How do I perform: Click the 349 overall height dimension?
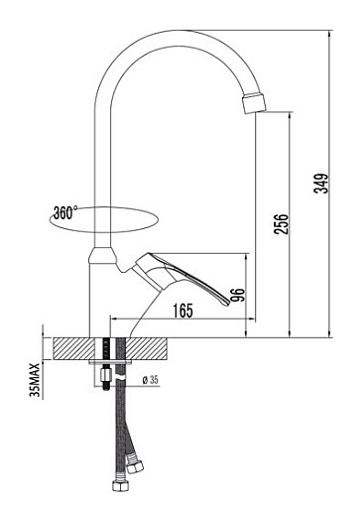(x=321, y=184)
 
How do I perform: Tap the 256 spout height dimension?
(x=282, y=224)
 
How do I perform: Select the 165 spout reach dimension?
(x=182, y=311)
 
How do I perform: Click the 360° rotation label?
(x=65, y=213)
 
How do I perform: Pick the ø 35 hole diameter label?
(x=151, y=380)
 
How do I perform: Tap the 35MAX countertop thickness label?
(x=35, y=380)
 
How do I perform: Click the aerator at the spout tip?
(x=254, y=103)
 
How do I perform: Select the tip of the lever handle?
(x=227, y=303)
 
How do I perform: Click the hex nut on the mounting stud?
(x=105, y=375)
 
